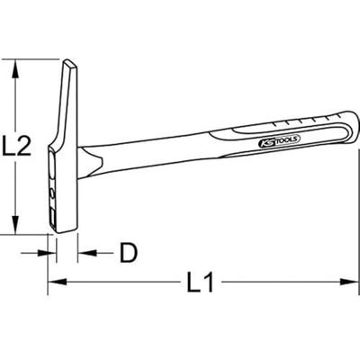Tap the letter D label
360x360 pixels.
128,255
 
